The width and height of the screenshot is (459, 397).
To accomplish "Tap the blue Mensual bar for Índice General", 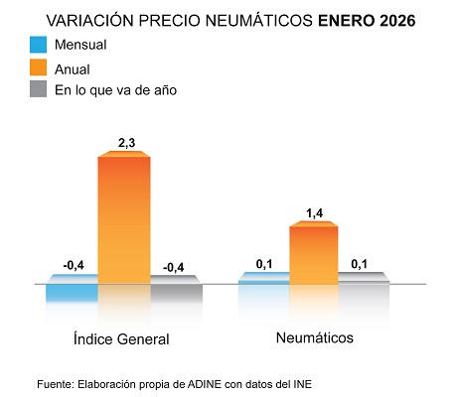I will click(72, 293).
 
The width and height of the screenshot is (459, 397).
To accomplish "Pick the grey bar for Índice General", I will click(177, 293).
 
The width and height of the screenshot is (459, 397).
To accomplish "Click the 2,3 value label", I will click(126, 144).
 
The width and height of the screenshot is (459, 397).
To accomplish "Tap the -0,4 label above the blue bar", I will click(73, 265).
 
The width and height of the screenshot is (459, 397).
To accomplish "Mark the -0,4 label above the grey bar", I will click(176, 265).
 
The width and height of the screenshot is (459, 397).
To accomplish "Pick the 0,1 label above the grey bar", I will click(363, 263).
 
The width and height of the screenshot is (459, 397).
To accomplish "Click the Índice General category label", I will click(121, 339).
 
